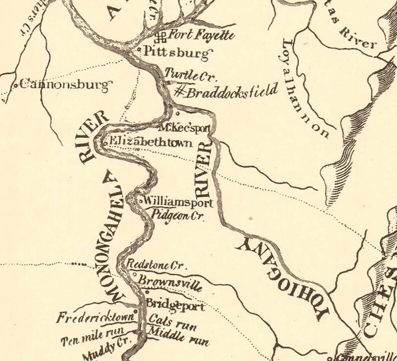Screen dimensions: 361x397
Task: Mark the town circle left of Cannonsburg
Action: (16, 86)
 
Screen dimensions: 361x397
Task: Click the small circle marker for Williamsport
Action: (140, 202)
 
